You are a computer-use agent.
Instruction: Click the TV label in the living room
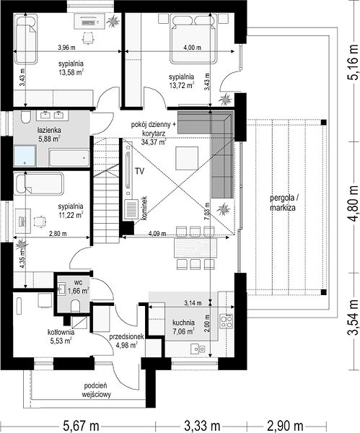coord(140,171)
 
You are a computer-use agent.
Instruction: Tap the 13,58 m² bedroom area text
coord(71,72)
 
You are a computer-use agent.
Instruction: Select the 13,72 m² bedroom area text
coord(181,85)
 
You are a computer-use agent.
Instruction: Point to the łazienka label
coord(49,130)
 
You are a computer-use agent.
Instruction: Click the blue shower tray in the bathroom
coord(25,156)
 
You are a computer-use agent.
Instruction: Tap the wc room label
coord(79,283)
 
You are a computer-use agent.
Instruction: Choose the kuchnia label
coord(183,323)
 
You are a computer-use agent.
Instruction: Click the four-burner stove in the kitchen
coord(226,321)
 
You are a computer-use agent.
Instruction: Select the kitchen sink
coord(198,349)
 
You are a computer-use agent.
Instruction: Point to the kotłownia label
coord(61,332)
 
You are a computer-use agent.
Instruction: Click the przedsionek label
coord(126,336)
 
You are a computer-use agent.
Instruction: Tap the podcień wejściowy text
coord(96,390)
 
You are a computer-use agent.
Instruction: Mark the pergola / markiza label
coord(283,203)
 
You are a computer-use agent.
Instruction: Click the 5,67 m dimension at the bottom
coord(82,426)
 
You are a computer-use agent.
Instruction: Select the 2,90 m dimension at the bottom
coord(285,426)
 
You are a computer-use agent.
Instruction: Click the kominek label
coord(144,209)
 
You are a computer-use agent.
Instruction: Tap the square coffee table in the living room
coord(187,158)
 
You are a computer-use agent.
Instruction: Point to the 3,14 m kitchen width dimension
coord(193,303)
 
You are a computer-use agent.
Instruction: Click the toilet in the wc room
coord(75,306)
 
